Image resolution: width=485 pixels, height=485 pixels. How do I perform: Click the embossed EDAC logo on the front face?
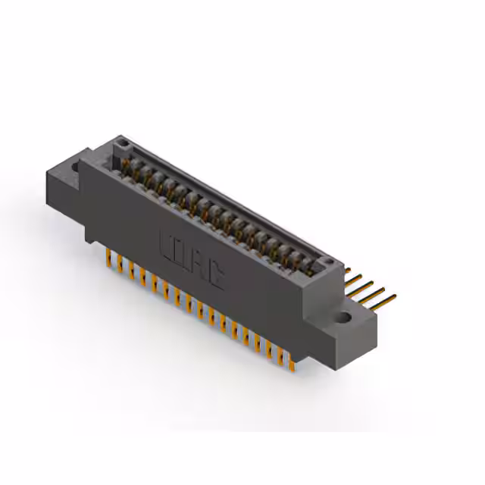coord(192,261)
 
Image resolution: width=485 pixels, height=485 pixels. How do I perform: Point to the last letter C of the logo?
coord(216,275)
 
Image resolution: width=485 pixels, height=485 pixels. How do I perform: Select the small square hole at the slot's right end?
coord(327,264)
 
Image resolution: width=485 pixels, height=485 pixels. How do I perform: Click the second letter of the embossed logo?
coord(183,255)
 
